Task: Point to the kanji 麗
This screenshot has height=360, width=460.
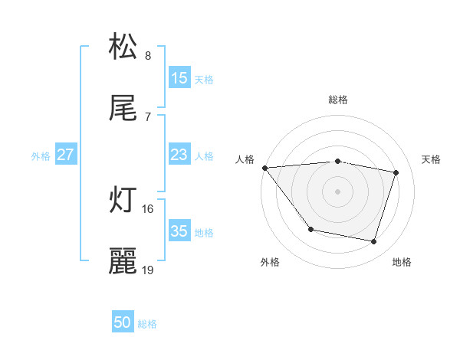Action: (x=123, y=261)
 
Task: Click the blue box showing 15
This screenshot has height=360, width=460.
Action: (x=179, y=78)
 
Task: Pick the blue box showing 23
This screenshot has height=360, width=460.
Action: (x=179, y=155)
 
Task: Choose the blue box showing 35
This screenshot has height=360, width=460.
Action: (x=179, y=231)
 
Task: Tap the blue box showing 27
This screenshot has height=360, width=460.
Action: (x=66, y=155)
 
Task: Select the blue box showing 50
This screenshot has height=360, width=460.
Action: (x=123, y=323)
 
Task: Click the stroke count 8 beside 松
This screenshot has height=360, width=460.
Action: (x=148, y=56)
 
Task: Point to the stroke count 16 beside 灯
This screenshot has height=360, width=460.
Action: (x=148, y=208)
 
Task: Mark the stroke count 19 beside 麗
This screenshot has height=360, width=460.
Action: (x=148, y=270)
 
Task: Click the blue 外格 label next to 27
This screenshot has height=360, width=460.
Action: (x=41, y=155)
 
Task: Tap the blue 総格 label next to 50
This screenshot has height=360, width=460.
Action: (x=147, y=324)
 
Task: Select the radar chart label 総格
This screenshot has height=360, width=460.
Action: (x=338, y=100)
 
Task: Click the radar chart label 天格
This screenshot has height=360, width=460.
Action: (x=432, y=159)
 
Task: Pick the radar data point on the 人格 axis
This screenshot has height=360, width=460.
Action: (x=264, y=168)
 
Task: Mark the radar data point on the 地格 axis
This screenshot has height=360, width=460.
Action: (x=374, y=242)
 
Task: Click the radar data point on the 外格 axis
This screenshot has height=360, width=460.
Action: (x=310, y=229)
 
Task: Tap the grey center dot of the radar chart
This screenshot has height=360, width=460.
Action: (x=338, y=191)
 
